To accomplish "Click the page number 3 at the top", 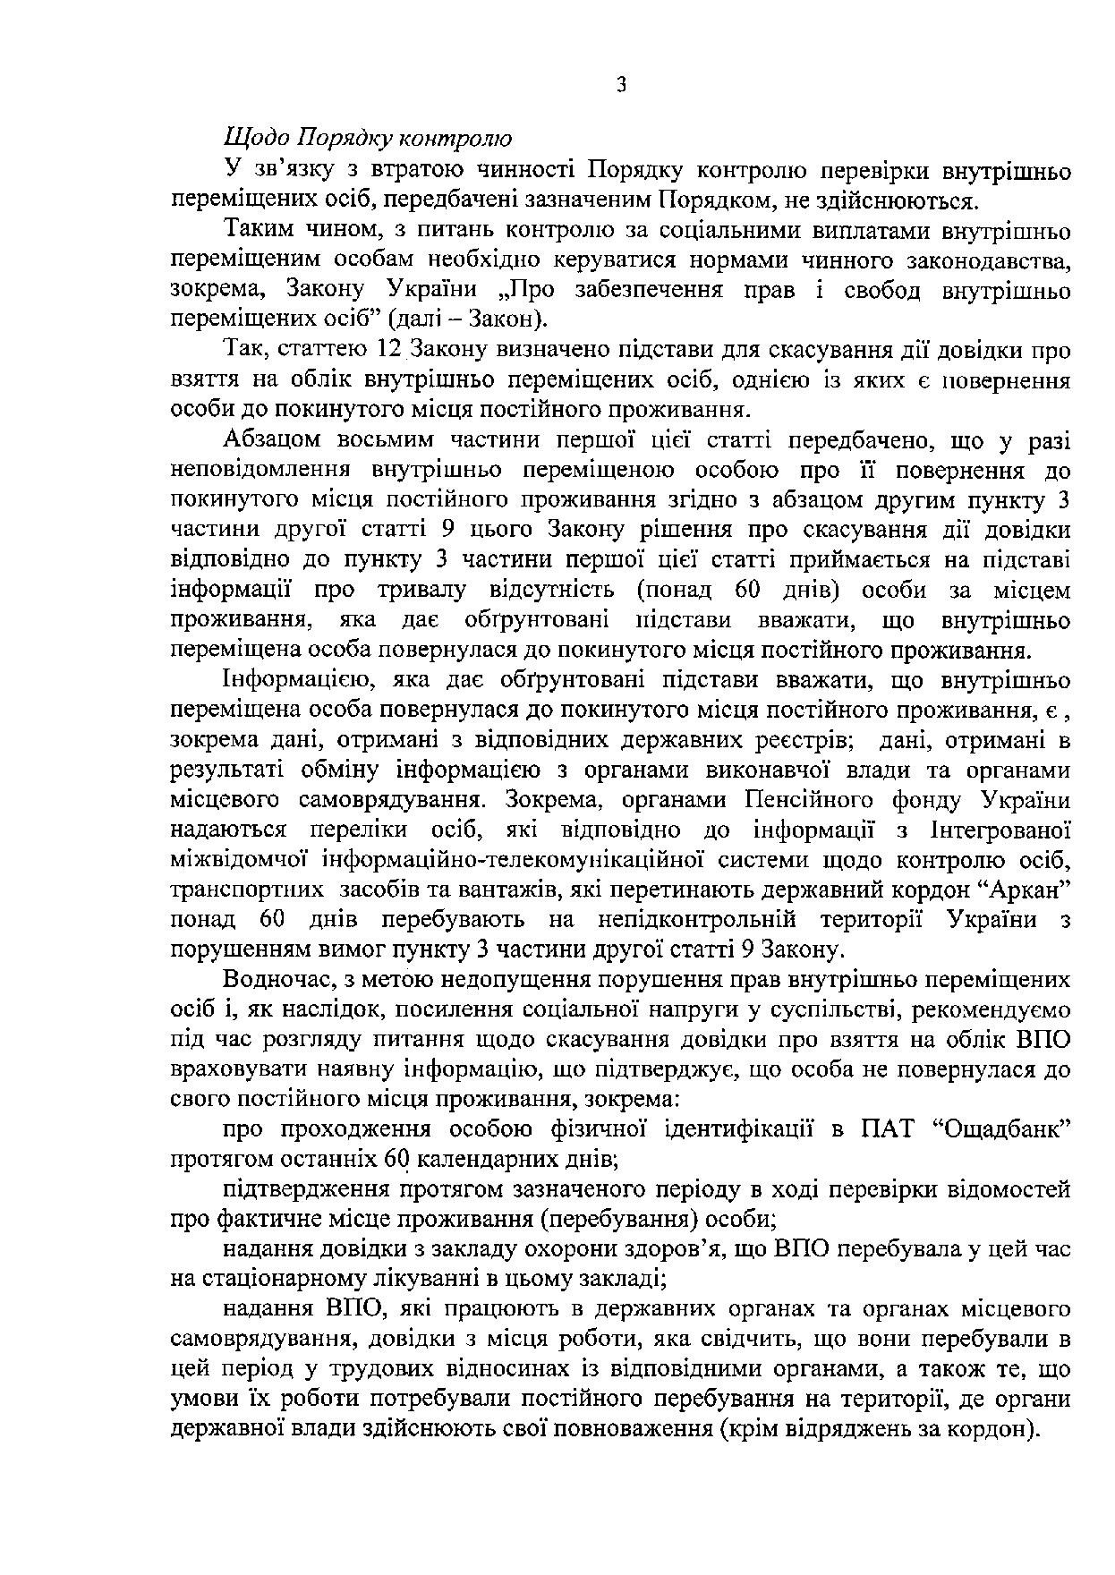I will pos(622,85).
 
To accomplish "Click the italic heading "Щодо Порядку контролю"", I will pos(367,140).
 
